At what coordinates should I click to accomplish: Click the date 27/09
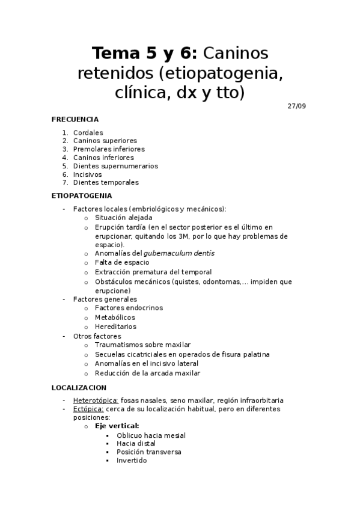coord(297,106)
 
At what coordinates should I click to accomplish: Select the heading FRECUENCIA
coord(75,119)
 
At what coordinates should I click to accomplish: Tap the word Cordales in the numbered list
coord(88,132)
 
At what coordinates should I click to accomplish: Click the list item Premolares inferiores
coord(108,149)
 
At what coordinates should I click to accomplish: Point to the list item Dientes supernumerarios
coord(115,166)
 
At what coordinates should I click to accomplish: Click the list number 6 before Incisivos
coord(65,174)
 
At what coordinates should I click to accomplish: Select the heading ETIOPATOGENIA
coord(82,195)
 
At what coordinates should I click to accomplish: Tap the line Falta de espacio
coord(122,263)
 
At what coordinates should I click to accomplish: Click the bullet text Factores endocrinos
coord(128,308)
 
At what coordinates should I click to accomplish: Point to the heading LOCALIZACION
coord(79,387)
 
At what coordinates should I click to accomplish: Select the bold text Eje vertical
coord(117,426)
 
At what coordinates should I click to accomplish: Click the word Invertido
coord(132,461)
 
